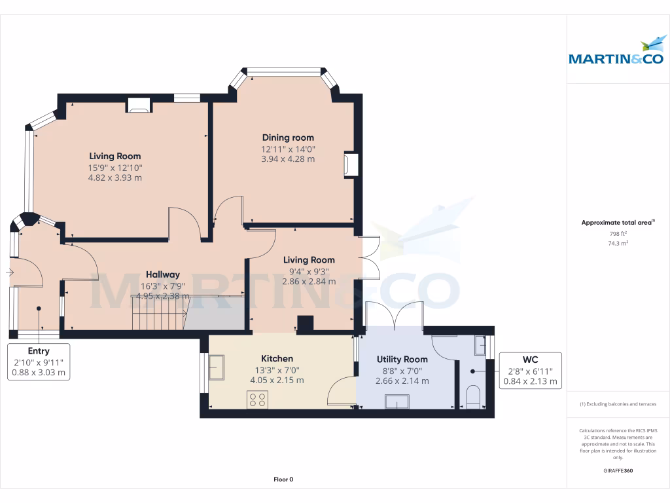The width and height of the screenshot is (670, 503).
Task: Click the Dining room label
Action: [x=288, y=138]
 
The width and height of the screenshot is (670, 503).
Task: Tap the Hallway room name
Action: [x=162, y=274]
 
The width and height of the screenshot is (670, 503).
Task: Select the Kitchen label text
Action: [x=277, y=358]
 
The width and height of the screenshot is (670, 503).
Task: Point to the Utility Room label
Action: [x=402, y=359]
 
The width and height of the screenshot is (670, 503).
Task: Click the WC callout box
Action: [x=531, y=370]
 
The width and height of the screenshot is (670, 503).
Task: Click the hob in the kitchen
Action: [x=257, y=400]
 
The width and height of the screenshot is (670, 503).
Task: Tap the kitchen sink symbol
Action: [x=216, y=367]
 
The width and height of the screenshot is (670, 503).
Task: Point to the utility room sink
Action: [x=397, y=401]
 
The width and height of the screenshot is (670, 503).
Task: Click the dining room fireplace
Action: [x=351, y=164]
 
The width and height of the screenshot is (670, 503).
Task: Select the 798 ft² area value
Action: [x=618, y=233]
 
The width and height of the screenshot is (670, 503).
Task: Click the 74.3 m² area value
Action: [x=618, y=243]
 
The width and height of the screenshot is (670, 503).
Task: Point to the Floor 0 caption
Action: [x=283, y=479]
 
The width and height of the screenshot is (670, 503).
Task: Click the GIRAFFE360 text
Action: [x=618, y=471]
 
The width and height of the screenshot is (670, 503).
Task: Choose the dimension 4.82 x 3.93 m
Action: [x=115, y=177]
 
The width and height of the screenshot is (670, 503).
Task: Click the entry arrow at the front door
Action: [x=10, y=272]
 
